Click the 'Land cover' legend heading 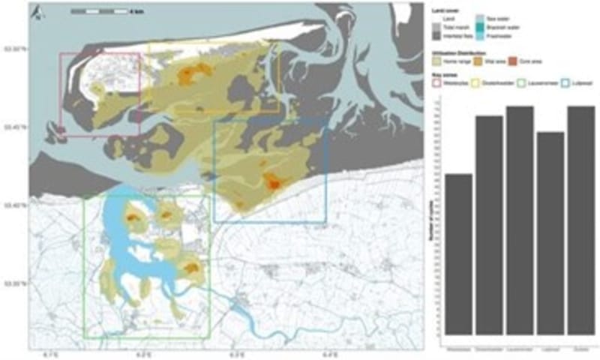click(447, 10)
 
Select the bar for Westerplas click(459, 255)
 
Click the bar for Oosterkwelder click(489, 226)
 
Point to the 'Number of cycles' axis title click(438, 225)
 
